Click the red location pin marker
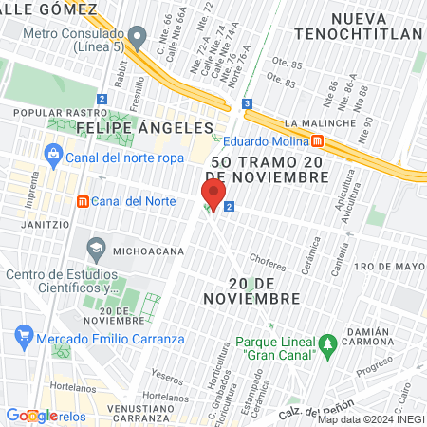point(213,195)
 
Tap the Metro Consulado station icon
point(138,39)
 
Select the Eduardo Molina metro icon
point(319,141)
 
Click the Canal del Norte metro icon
point(83,201)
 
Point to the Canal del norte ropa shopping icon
point(54,154)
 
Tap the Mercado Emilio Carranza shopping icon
point(25,337)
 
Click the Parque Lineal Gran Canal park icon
point(327,342)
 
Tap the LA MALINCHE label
point(319,123)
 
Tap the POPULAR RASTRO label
point(44,110)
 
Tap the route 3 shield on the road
point(247,103)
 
